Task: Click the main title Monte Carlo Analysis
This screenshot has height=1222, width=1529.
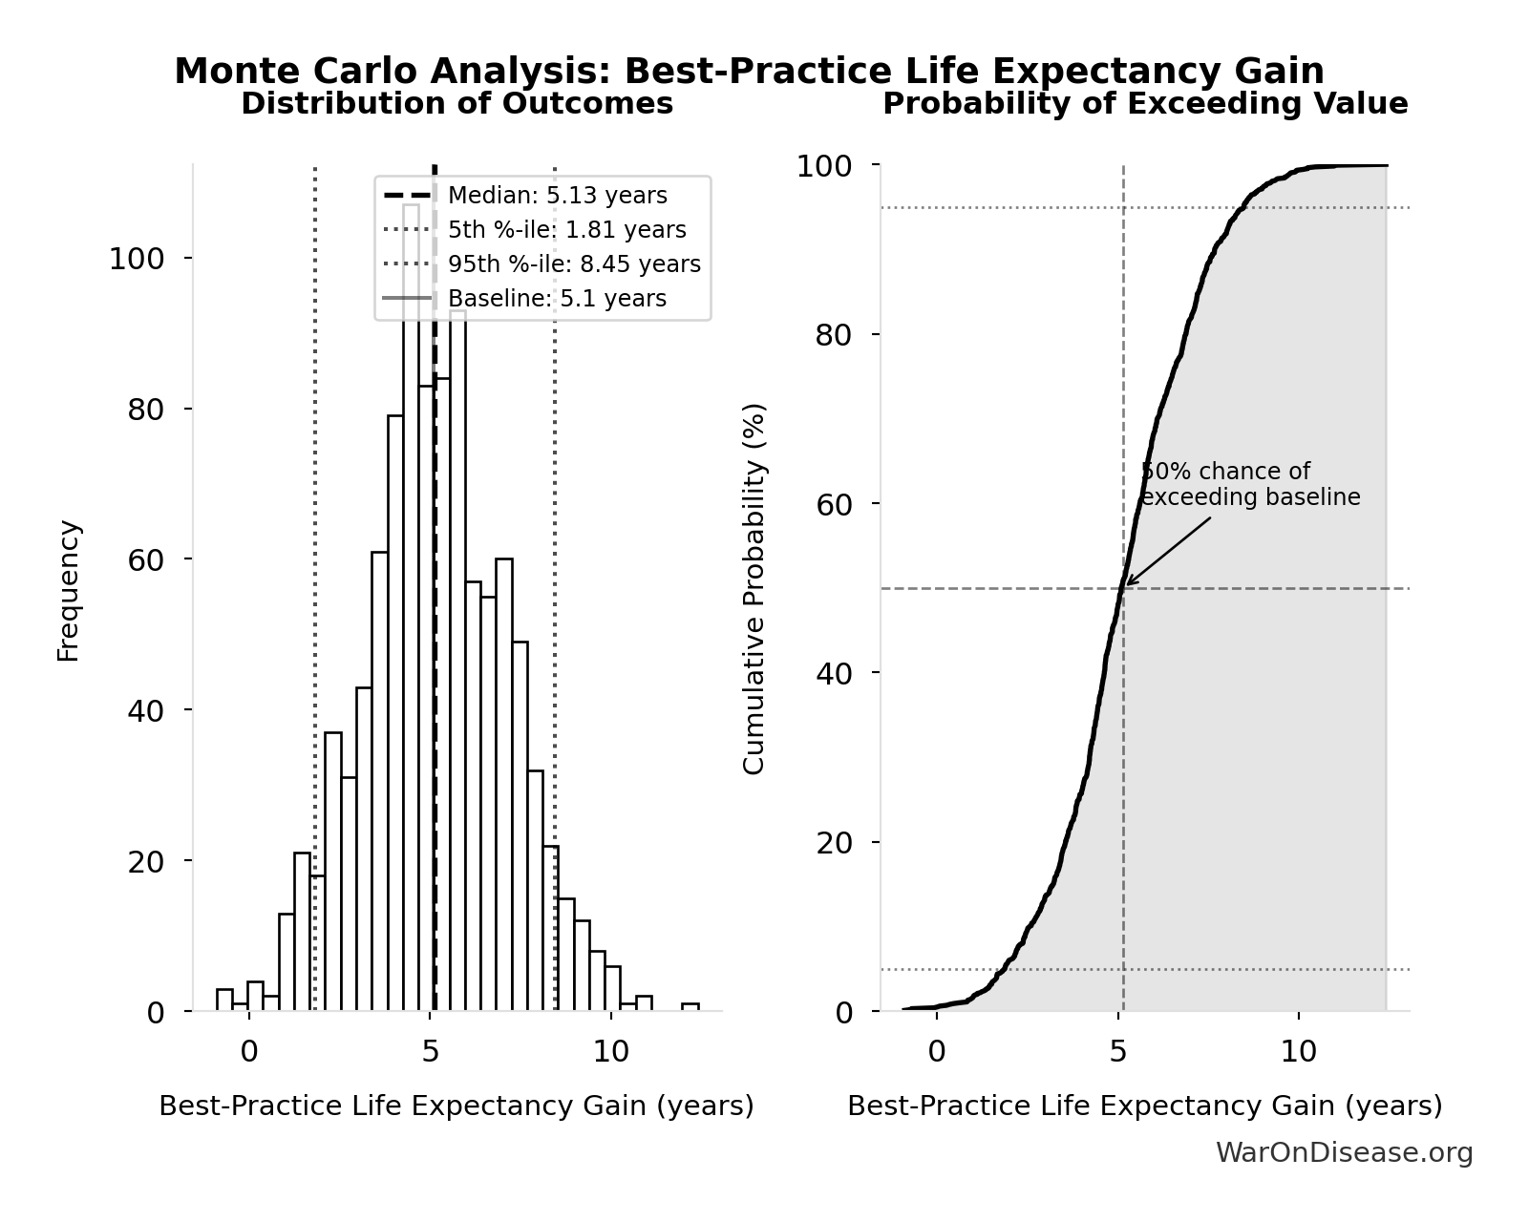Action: [749, 72]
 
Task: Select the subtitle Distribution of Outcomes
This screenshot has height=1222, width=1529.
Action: [457, 103]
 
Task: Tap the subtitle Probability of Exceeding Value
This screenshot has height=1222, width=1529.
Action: [1144, 103]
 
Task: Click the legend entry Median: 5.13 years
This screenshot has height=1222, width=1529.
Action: [557, 196]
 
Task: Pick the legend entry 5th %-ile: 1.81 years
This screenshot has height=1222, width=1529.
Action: [566, 230]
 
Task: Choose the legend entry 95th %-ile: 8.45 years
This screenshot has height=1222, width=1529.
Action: [574, 264]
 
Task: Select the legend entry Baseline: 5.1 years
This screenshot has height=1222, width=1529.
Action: [557, 299]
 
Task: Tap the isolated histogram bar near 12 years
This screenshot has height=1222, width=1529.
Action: [690, 1006]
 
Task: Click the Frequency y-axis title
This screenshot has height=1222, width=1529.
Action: [69, 590]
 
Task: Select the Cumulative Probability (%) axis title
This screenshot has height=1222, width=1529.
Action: [754, 588]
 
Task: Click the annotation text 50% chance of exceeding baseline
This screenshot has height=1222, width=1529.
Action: [1249, 484]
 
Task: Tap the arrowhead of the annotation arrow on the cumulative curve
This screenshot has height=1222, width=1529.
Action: [1128, 583]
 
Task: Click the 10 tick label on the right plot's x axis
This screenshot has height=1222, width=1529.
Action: [1298, 1051]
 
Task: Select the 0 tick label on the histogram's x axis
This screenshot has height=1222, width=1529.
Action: [248, 1051]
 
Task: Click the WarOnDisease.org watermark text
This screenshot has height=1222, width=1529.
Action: [1344, 1152]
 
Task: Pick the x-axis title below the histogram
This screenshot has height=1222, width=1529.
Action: [457, 1106]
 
